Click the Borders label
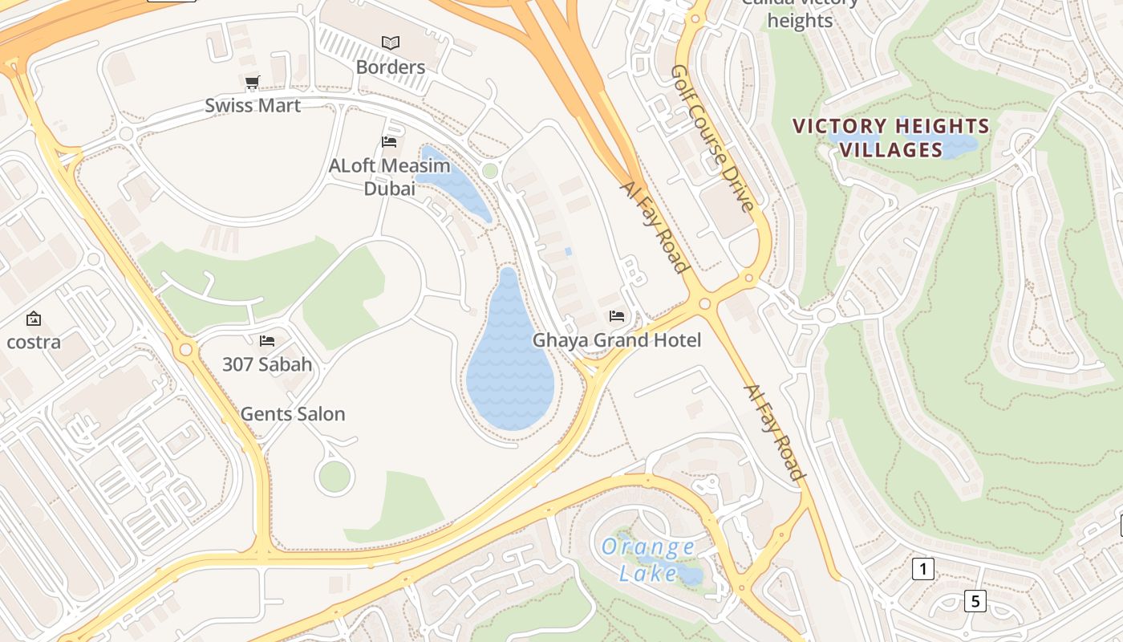click(x=390, y=67)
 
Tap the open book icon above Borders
click(x=391, y=43)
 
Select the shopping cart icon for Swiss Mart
click(x=252, y=82)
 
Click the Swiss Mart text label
click(x=253, y=105)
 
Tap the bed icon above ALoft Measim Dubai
click(x=389, y=142)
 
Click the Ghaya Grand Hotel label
click(x=617, y=340)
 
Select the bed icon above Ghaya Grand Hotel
click(x=616, y=316)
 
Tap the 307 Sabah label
click(x=267, y=364)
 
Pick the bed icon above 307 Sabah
click(x=267, y=341)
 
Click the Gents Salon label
click(x=293, y=414)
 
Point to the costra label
click(x=34, y=342)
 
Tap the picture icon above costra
click(x=34, y=319)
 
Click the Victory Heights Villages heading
click(x=890, y=138)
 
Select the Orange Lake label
click(x=648, y=560)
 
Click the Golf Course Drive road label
click(x=713, y=138)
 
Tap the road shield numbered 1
click(x=923, y=570)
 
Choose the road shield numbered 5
click(x=975, y=600)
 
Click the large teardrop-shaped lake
click(x=510, y=373)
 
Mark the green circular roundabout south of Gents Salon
click(x=334, y=477)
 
